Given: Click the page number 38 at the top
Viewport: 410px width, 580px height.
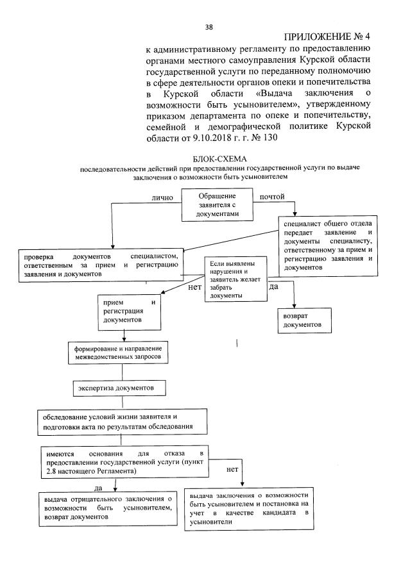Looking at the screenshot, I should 209,26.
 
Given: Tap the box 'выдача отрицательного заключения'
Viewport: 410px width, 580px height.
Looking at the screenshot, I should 107,508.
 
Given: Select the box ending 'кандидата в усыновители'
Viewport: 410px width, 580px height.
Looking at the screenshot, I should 250,509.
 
